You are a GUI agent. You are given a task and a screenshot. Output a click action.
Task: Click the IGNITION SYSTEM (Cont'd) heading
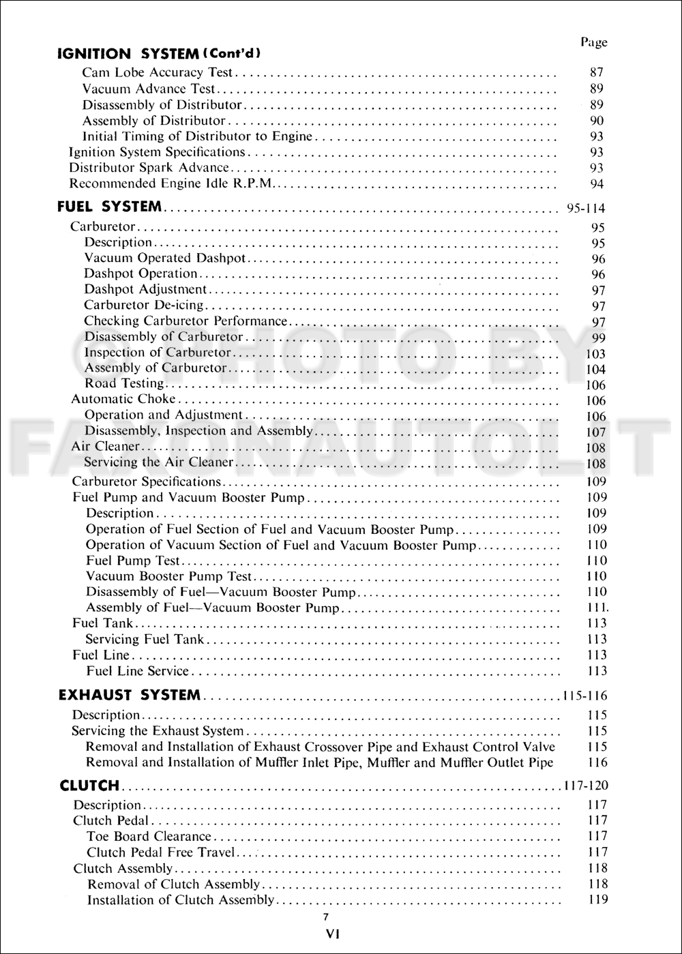pos(160,53)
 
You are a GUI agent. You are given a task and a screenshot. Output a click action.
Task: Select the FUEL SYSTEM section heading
pos(110,207)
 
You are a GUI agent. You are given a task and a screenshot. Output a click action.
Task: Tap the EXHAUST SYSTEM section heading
pos(130,696)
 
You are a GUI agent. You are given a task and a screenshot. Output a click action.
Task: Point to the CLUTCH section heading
pos(89,786)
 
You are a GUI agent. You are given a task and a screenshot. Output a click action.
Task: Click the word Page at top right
pos(593,42)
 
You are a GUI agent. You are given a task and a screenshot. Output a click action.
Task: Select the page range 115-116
pos(584,697)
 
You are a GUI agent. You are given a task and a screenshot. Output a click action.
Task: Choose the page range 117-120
pos(584,786)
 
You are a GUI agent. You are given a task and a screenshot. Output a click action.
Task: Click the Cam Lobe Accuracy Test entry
pos(158,72)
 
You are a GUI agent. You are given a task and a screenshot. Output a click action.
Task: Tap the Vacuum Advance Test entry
pos(148,89)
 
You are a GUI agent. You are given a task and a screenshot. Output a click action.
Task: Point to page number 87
pos(596,72)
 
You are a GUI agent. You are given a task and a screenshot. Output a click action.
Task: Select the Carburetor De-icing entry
pos(143,305)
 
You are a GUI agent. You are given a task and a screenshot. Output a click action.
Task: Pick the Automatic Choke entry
pos(123,399)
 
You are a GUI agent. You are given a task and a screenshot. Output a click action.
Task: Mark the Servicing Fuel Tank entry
pos(145,640)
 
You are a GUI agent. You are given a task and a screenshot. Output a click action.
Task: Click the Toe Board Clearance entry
pos(149,836)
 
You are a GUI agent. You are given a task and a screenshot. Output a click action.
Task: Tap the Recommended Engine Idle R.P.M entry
pos(174,183)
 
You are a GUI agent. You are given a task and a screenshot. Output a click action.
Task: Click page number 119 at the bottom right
pos(597,899)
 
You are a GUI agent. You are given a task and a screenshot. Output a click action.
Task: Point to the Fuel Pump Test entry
pos(132,561)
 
